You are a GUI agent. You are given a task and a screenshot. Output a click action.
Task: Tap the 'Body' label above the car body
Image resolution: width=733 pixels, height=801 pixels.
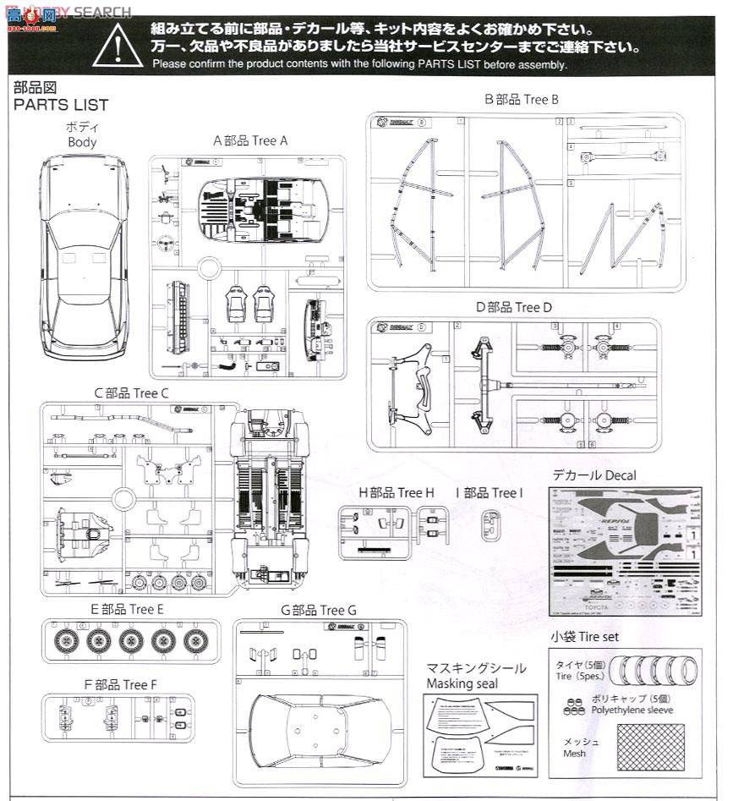[x=82, y=142]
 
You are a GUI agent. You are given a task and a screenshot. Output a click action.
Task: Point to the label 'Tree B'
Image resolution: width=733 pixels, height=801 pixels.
[x=541, y=99]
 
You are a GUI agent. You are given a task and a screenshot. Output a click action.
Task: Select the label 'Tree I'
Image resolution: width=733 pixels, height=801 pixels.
[x=506, y=493]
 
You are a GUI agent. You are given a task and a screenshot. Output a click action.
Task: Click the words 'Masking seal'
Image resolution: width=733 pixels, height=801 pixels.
[x=462, y=683]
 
